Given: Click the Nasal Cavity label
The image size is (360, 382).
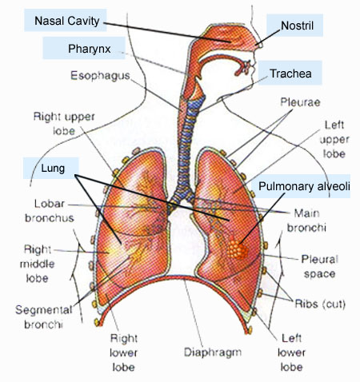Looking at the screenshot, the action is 67,21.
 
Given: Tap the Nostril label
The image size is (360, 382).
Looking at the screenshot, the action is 297,26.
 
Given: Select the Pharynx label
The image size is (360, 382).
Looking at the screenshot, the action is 90,49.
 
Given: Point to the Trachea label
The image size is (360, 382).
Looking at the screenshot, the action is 290,74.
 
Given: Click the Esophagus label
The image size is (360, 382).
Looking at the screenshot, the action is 100,76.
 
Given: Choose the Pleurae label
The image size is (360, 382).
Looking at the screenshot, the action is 300,102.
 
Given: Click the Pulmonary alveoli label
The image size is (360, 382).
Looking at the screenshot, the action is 304,186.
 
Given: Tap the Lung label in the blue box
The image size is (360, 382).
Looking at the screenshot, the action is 53,169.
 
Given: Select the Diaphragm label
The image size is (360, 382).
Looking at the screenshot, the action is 213,352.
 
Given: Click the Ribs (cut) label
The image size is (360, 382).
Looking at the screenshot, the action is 320,304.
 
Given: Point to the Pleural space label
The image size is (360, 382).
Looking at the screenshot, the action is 320,266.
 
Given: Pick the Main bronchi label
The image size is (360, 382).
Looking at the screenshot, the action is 306,221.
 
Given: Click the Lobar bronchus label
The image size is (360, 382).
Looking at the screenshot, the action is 50,211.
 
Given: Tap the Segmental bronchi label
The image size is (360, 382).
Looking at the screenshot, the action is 44,317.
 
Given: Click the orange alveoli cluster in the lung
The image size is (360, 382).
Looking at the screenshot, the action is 238,250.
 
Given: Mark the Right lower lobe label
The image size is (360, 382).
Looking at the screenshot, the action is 124,352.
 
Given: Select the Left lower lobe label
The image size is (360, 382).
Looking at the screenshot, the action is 291,352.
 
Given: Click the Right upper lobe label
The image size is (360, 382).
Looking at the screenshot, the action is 64,124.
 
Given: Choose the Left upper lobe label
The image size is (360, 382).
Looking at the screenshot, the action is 334,139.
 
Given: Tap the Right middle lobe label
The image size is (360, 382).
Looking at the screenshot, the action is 38,264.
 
